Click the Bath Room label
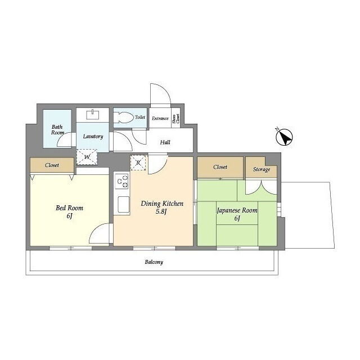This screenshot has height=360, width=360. tap(57, 130)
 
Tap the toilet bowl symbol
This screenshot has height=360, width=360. tap(124, 118)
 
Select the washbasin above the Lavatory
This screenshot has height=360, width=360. tap(92, 115)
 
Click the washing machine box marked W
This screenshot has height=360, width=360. tap(87, 157)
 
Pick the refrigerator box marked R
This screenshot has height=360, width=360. tap(138, 163)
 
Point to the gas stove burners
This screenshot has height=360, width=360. tap(122, 181)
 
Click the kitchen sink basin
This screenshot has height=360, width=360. tap(124, 205)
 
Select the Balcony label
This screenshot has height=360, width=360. tap(154, 262)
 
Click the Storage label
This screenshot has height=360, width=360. tap(261, 169)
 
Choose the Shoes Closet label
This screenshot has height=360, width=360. tap(176, 119)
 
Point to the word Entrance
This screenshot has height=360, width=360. tap(160, 119)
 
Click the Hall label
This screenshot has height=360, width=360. tap(165, 142)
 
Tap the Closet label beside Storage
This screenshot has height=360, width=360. tap(220, 167)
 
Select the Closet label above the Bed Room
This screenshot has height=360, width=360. tap(52, 165)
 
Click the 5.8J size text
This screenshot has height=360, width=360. tap(161, 211)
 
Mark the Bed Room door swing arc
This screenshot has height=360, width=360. tap(96, 228)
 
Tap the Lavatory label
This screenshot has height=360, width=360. tap(93, 136)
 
